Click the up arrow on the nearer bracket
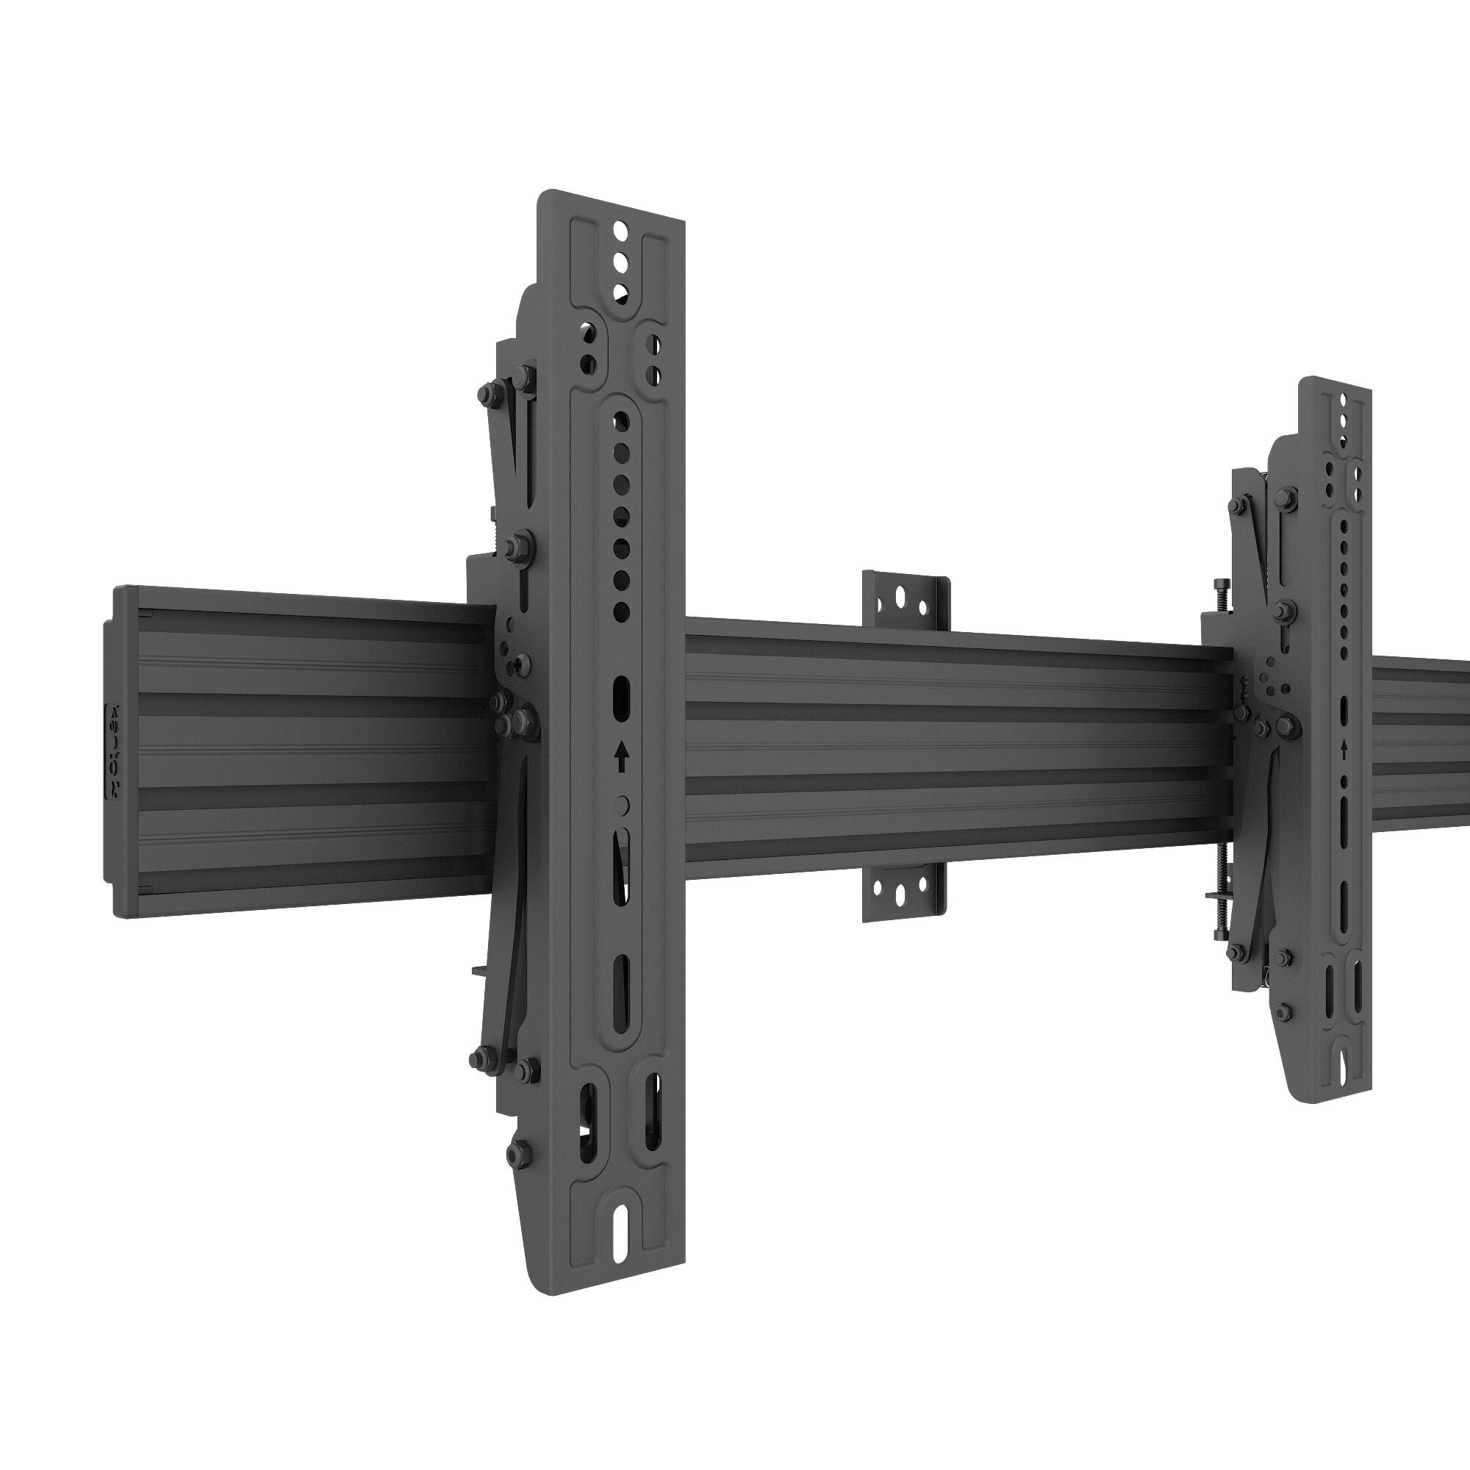[622, 758]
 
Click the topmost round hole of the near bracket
[620, 229]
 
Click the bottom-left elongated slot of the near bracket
[587, 1126]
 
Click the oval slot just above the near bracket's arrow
[622, 694]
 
